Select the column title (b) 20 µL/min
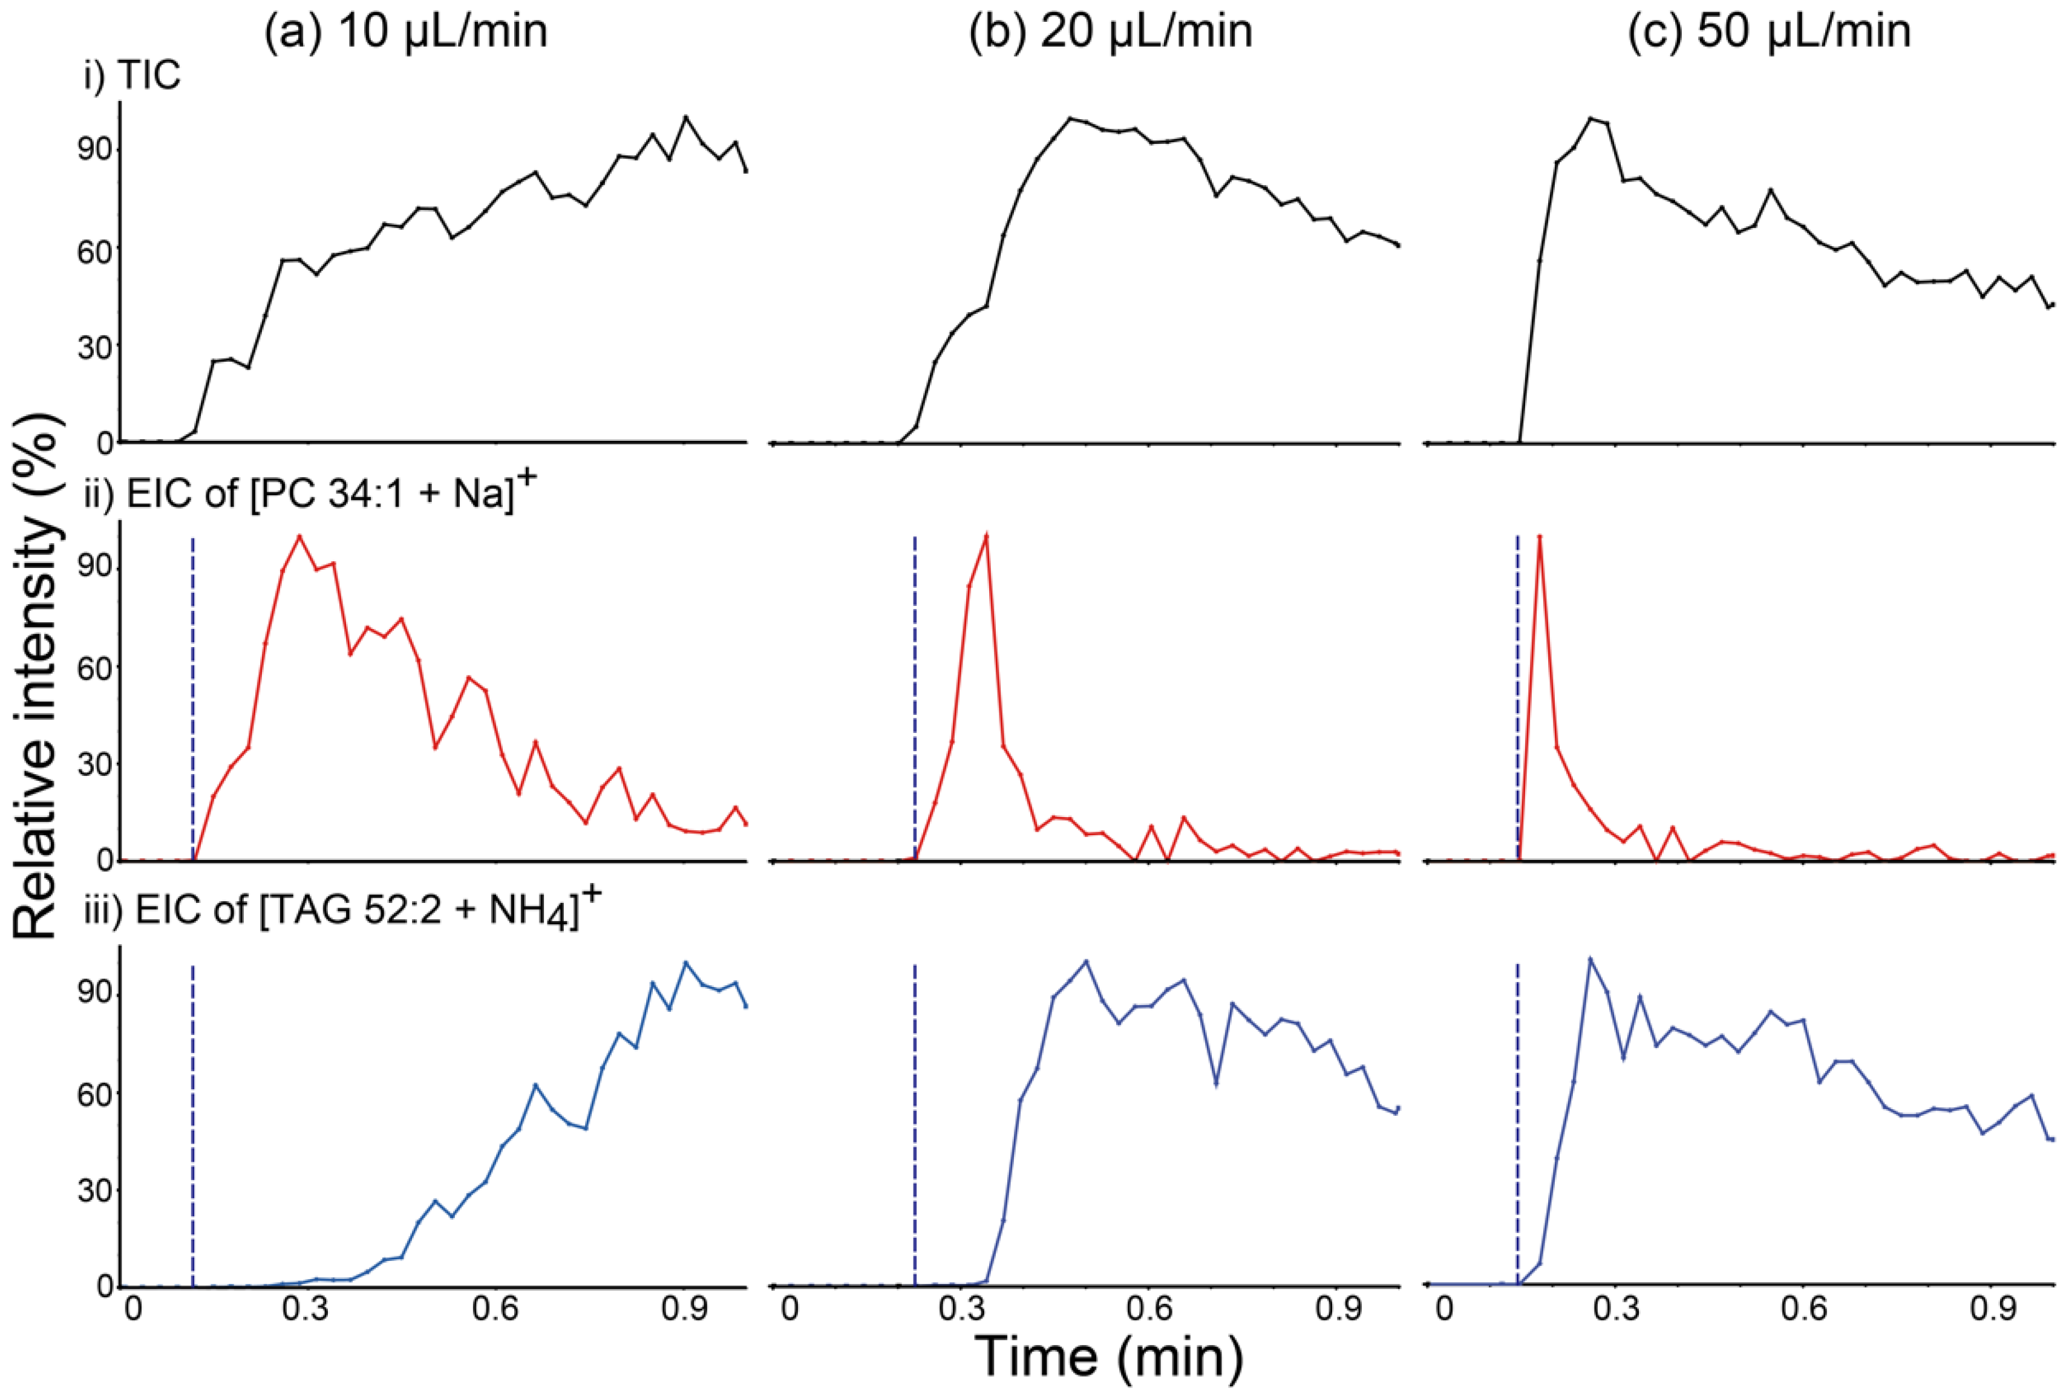coord(1110,32)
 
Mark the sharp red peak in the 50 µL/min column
coord(1540,536)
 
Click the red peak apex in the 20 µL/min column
coord(986,536)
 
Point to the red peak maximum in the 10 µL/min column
coord(299,536)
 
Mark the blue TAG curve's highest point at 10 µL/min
coord(685,963)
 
